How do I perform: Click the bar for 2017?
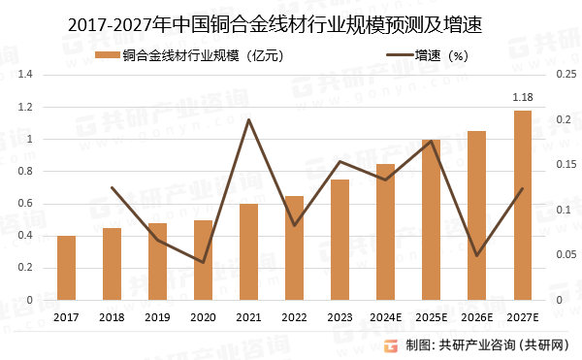(x=66, y=268)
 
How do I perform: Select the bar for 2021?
(x=248, y=252)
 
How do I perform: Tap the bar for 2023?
(x=339, y=240)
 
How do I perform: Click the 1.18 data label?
(x=522, y=97)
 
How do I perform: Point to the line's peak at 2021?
(x=248, y=119)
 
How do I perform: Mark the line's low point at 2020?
(x=203, y=262)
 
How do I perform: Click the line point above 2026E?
(x=476, y=256)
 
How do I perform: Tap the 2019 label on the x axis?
(x=157, y=317)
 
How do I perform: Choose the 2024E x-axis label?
(x=385, y=317)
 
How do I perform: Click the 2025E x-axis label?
(x=431, y=317)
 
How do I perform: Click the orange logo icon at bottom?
(x=391, y=344)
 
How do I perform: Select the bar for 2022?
(x=294, y=248)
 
